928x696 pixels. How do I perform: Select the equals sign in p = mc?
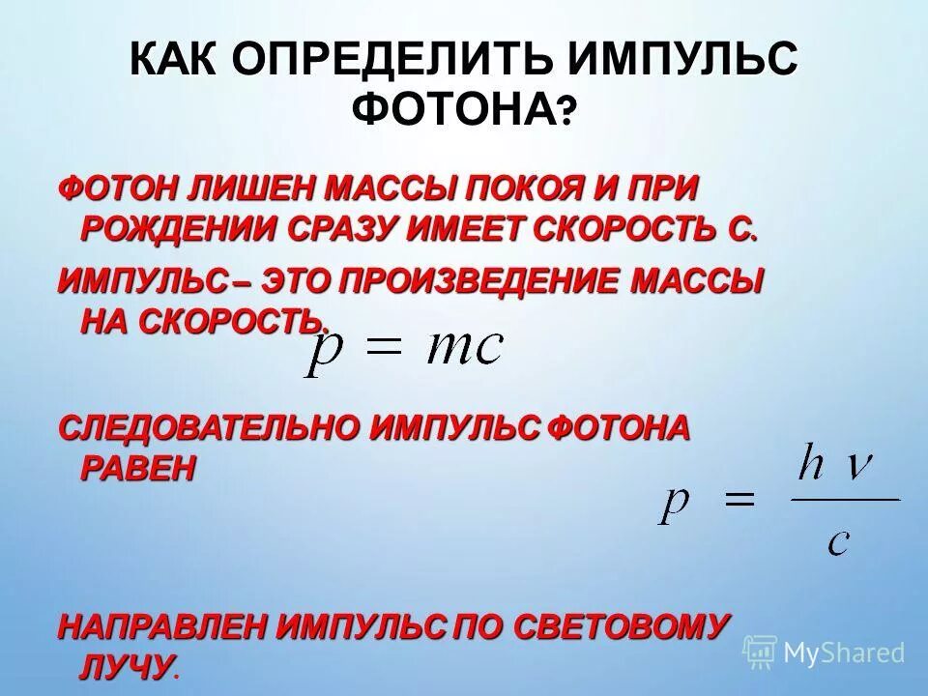pos(379,349)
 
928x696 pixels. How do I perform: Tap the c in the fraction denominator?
pos(837,541)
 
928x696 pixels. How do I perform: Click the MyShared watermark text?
pos(843,652)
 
